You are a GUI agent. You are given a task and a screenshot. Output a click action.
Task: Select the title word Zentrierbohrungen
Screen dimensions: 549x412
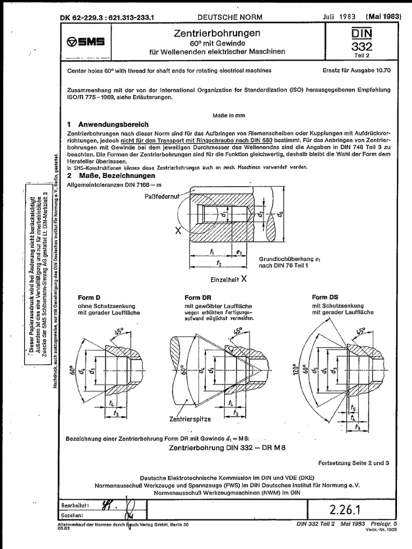coord(217,33)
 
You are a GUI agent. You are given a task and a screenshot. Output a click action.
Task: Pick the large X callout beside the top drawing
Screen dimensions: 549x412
coord(178,231)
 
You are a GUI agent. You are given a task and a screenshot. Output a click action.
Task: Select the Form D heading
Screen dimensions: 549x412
coord(91,298)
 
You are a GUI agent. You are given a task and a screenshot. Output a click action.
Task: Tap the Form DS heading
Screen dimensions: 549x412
coord(326,298)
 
